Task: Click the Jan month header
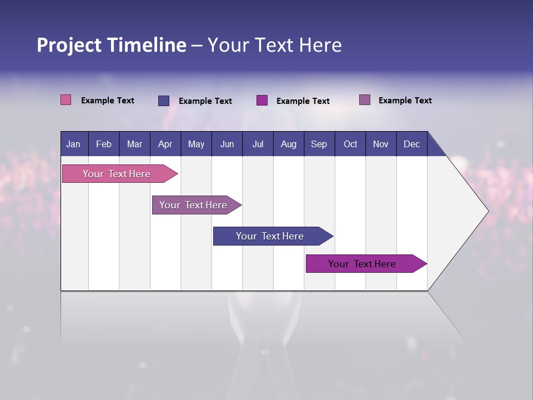[73, 144]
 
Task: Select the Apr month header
[165, 144]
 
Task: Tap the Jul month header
[258, 144]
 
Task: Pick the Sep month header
[319, 144]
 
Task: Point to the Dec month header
[411, 144]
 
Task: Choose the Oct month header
[350, 144]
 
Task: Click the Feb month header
[104, 144]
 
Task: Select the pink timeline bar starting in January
[117, 174]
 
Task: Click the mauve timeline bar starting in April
[194, 205]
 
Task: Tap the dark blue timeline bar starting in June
[270, 236]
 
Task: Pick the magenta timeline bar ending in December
[363, 264]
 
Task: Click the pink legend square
[66, 100]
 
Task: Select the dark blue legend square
[164, 101]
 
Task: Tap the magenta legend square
[262, 101]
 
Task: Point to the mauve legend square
[365, 100]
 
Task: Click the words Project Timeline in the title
[112, 45]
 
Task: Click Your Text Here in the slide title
[275, 45]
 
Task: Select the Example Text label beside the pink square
[108, 101]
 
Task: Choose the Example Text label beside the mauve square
[405, 101]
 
